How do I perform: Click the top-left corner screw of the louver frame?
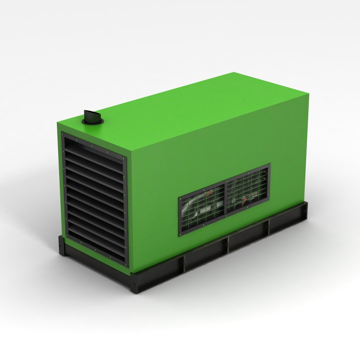(63, 134)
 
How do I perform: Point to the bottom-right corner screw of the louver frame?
(126, 262)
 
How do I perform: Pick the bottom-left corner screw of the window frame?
(181, 233)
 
